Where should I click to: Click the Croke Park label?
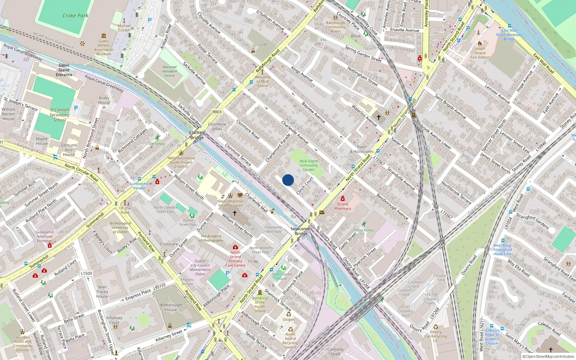point(75,15)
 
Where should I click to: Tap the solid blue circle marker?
point(288,180)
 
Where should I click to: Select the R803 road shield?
point(217,112)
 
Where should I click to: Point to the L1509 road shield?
point(86,273)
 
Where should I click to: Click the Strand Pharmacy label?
point(342,206)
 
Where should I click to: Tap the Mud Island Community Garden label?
point(309,165)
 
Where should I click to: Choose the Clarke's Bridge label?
point(197,135)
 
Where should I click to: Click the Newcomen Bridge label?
point(301,231)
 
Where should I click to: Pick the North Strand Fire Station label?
point(480,53)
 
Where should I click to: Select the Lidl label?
point(264,45)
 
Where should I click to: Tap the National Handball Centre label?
point(170,71)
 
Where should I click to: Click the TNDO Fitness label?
point(364,230)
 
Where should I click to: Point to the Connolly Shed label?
point(335,352)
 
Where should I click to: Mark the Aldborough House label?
point(171,307)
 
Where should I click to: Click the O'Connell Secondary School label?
point(59,115)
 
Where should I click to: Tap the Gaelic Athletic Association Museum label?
point(104,48)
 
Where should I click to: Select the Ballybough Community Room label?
point(336,27)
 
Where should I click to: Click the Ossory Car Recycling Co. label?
point(435,336)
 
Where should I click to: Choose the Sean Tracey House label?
point(102,292)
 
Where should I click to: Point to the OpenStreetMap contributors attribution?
point(550,357)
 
